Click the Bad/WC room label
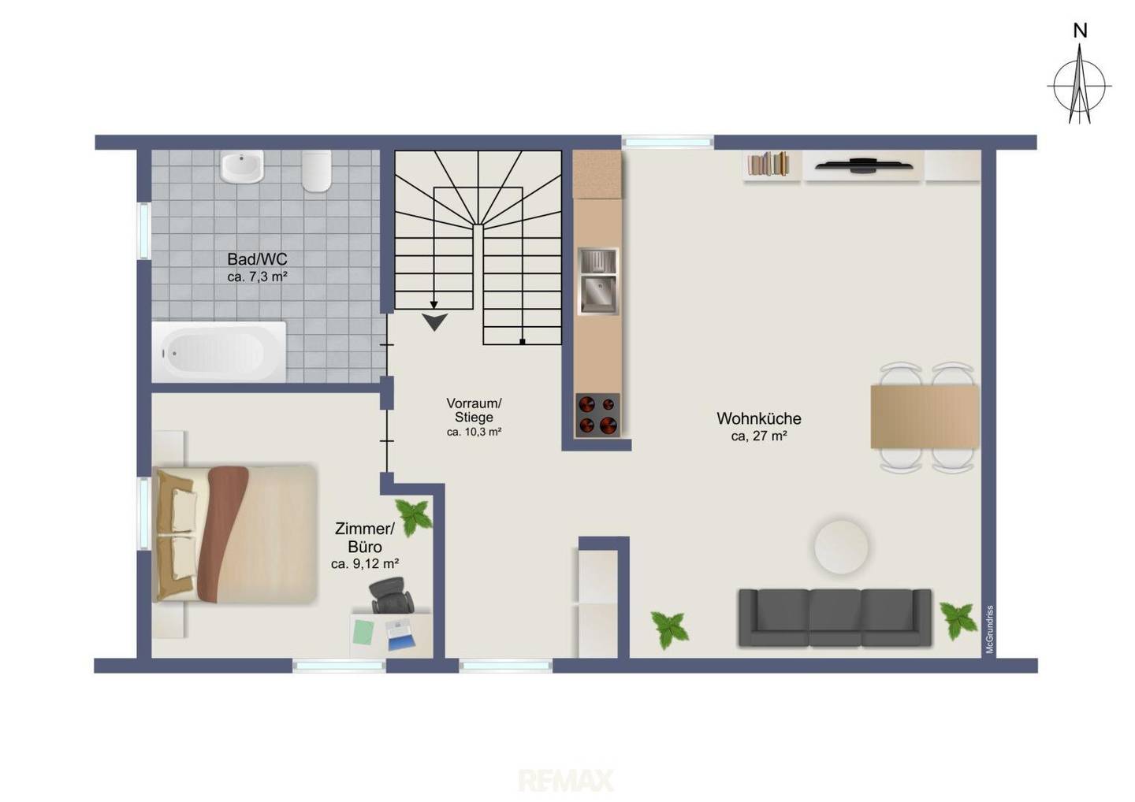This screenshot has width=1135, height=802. coord(257,259)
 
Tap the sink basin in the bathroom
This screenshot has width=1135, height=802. coord(242,166)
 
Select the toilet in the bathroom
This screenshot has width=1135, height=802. coord(317,171)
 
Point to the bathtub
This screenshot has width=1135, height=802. coord(219,352)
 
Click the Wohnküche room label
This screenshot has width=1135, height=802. coord(758,418)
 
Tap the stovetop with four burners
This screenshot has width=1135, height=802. coord(597,414)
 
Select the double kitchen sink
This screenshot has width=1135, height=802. coord(598,281)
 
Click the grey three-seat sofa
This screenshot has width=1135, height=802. coord(835,618)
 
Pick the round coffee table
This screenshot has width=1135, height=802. coord(841,548)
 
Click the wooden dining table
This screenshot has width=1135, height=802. coord(925,417)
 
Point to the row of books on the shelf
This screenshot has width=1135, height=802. coord(768,164)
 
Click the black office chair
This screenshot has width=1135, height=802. coord(391,596)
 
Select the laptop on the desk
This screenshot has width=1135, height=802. coord(400,635)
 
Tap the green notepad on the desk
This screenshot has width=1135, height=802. coord(364,633)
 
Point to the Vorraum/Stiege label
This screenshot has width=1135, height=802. coord(474,410)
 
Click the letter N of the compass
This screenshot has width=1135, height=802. coord(1081,32)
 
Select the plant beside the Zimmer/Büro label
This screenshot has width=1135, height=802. coord(414,518)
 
